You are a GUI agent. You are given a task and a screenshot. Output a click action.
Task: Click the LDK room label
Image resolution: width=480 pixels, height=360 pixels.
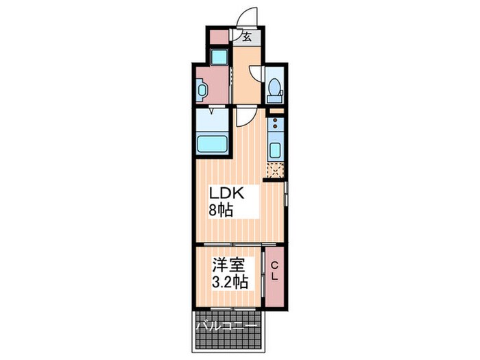pos(226,193)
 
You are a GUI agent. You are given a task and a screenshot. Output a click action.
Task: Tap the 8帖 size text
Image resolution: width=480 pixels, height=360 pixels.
pos(221,211)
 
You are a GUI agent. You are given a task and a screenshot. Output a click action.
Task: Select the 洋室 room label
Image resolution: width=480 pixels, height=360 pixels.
pos(229,265)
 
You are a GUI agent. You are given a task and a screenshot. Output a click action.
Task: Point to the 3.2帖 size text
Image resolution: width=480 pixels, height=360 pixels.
pos(230,282)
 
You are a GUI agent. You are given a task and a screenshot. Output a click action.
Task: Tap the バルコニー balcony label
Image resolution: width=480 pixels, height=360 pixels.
pos(226,326)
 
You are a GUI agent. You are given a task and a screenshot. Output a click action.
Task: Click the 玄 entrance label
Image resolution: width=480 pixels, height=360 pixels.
pos(247,37)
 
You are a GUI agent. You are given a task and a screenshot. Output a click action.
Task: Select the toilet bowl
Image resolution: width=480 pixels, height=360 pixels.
pos(274,87)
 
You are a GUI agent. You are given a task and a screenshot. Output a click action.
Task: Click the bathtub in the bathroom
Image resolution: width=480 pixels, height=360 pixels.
pos(213,144)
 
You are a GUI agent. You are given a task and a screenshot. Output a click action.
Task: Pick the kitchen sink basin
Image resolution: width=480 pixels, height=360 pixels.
pos(274,150)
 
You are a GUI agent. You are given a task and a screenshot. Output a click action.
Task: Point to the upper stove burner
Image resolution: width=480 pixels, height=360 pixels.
pos(275,120)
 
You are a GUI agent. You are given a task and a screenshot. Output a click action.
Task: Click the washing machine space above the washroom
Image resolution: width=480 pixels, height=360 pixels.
pos(219,56)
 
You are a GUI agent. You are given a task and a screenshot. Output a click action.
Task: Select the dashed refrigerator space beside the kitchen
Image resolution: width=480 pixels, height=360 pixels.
pos(275,170)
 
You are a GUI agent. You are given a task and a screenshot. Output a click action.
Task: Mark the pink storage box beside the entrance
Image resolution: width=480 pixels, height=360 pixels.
pos(219,37)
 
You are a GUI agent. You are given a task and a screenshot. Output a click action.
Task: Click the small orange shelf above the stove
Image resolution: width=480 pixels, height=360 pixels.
pos(277,111)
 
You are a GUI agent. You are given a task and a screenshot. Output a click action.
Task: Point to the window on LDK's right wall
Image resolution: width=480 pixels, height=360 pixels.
pos(286,194)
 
